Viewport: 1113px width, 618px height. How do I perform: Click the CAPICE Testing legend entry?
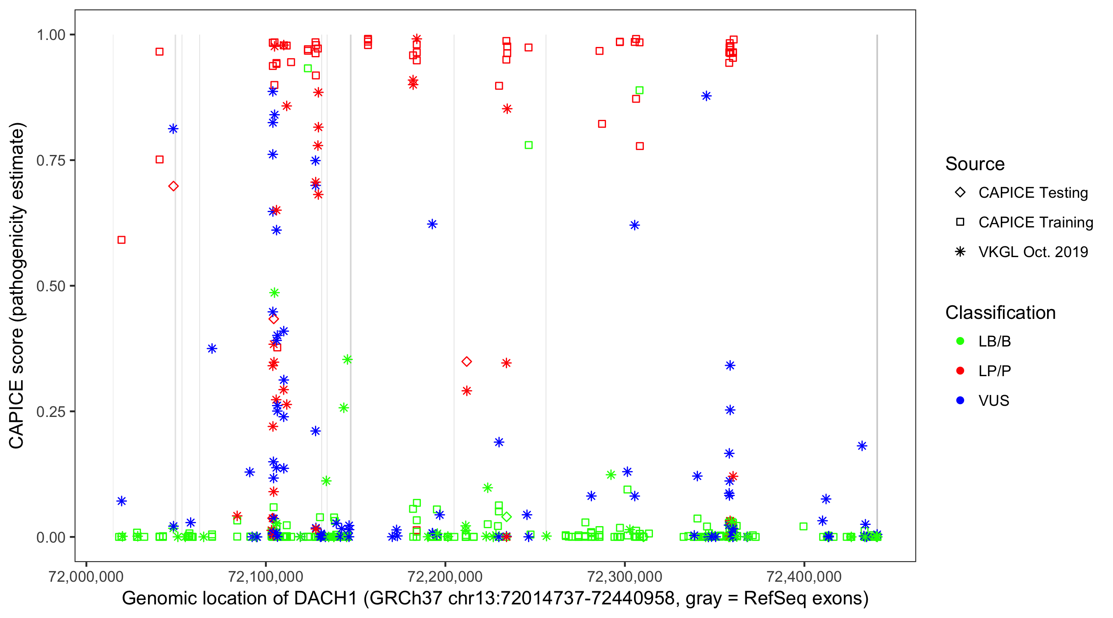(1033, 193)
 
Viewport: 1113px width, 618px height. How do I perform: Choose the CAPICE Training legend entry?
(1036, 222)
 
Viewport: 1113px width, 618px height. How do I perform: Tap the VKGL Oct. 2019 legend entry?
(1033, 252)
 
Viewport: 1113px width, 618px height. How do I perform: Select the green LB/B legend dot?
(960, 341)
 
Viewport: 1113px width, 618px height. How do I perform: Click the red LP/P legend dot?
(960, 371)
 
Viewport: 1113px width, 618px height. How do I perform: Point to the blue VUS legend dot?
(960, 400)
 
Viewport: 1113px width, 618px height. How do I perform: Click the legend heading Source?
(975, 164)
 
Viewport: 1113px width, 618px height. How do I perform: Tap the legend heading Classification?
(1000, 313)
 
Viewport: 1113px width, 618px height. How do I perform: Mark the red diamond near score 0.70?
(173, 186)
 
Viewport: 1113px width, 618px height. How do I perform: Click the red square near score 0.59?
(122, 240)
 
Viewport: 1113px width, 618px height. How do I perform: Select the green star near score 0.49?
(275, 293)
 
